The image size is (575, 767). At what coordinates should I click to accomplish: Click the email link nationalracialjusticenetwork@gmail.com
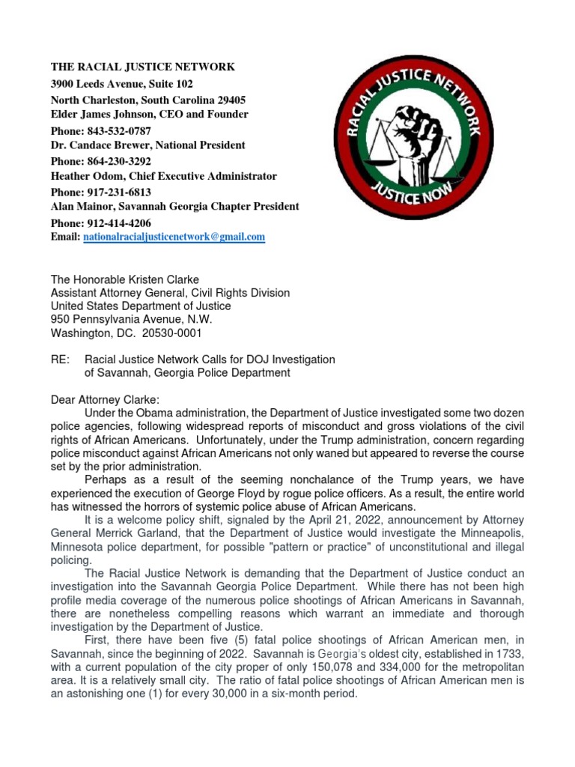click(174, 237)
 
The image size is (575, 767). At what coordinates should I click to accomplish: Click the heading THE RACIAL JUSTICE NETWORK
click(142, 67)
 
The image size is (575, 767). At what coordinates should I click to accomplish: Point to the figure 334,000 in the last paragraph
click(356, 667)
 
